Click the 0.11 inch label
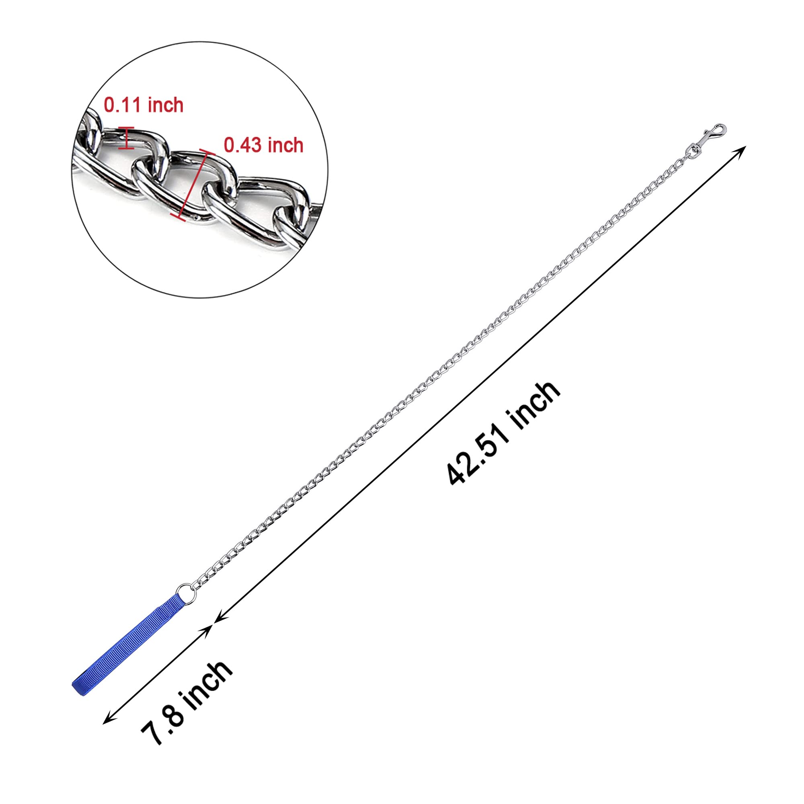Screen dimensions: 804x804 pyautogui.click(x=144, y=105)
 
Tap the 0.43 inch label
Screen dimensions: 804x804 pyautogui.click(x=264, y=145)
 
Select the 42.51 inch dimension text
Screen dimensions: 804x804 pyautogui.click(x=504, y=434)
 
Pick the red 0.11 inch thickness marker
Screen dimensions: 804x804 pyautogui.click(x=126, y=138)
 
